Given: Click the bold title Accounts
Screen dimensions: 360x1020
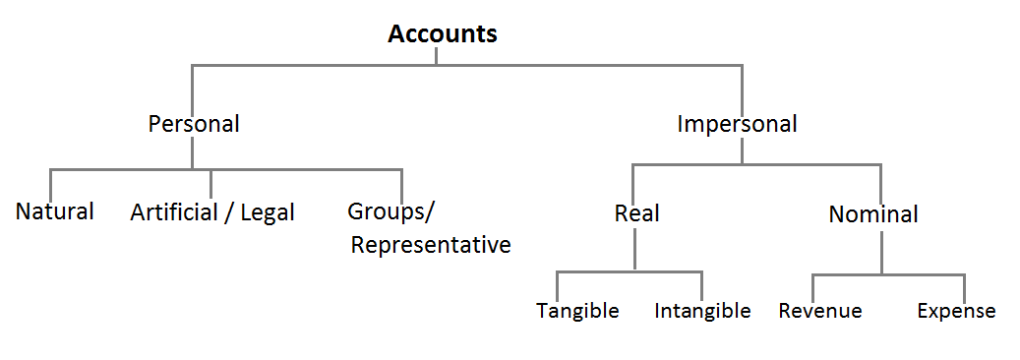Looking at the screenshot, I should click(443, 34).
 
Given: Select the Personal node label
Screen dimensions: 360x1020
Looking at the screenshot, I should click(194, 124).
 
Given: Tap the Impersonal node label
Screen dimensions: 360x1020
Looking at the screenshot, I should click(737, 124).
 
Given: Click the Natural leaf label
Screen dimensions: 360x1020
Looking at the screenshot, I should click(55, 210).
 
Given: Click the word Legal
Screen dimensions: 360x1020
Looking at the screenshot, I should click(267, 212).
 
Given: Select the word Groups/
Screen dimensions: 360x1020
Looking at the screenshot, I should click(390, 211).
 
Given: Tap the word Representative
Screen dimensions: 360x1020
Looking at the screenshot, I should click(431, 245).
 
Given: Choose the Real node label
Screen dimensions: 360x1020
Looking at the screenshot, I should click(636, 213).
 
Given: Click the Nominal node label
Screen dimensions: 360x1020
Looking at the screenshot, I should click(873, 213).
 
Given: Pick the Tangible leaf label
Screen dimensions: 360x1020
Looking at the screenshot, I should click(577, 311).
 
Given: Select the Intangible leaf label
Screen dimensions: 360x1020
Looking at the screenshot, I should click(702, 311).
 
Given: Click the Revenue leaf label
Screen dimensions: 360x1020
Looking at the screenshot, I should click(820, 311).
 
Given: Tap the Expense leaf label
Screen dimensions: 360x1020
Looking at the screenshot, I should click(956, 311).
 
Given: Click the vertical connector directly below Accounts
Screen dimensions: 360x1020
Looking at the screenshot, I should click(437, 56).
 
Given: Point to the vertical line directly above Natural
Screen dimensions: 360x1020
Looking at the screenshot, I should click(50, 183).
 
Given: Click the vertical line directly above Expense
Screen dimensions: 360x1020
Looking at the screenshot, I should click(965, 286).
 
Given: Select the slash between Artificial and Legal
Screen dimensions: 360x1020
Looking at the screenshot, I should click(227, 212).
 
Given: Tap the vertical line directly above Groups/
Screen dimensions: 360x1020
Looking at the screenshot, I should click(401, 183).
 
